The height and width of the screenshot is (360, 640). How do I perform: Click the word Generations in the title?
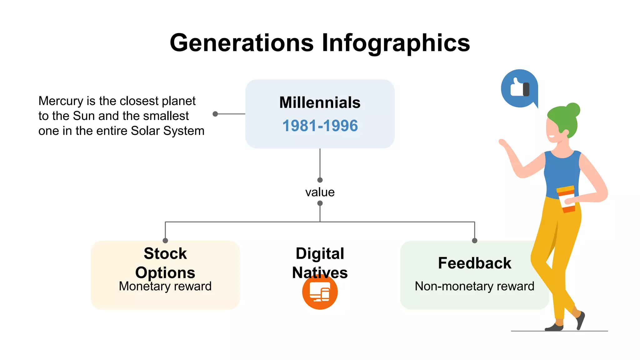(x=242, y=43)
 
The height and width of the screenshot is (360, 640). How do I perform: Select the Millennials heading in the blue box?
(x=320, y=102)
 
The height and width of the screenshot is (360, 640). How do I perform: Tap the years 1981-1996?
(x=320, y=126)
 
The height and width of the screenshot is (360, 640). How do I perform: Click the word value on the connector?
(x=320, y=192)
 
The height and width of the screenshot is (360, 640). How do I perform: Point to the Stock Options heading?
(x=165, y=263)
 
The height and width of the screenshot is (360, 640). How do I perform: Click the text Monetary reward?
(x=165, y=286)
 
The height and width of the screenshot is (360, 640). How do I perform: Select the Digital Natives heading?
(x=320, y=262)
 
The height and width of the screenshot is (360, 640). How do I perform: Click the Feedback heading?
(x=474, y=263)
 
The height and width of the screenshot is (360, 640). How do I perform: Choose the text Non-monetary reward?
(x=474, y=286)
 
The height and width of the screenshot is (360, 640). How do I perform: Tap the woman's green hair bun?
(x=573, y=110)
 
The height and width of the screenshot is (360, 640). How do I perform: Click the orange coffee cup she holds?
(x=566, y=199)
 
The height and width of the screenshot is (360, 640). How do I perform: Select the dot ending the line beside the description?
(x=215, y=114)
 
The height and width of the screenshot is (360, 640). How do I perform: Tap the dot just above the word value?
(x=320, y=180)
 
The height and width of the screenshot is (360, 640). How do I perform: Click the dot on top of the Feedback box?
(x=474, y=241)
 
